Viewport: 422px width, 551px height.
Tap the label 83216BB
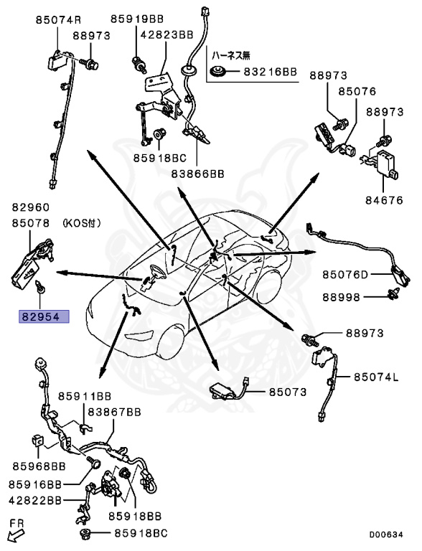pyautogui.click(x=269, y=72)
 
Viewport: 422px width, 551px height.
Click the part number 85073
pyautogui.click(x=288, y=392)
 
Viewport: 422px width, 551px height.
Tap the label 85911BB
pyautogui.click(x=85, y=395)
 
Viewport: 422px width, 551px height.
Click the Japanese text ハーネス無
pyautogui.click(x=230, y=54)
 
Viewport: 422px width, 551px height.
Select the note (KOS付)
pyautogui.click(x=83, y=224)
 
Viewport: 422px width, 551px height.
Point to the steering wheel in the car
pyautogui.click(x=153, y=275)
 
